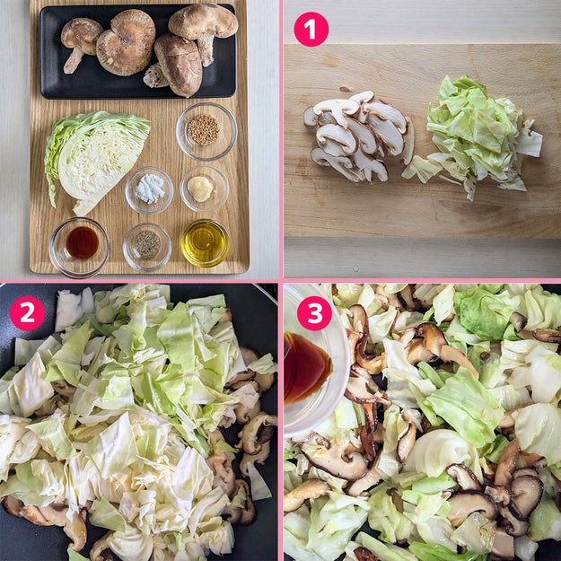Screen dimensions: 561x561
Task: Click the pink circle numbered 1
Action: [x=311, y=30]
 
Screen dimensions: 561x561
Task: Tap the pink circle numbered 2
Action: [x=27, y=313]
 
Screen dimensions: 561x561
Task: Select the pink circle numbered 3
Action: [x=314, y=313]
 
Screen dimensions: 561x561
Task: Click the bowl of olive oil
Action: [x=205, y=243]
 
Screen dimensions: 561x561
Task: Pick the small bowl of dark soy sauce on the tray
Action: [x=79, y=247]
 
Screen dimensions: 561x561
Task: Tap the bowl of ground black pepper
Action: [x=147, y=247]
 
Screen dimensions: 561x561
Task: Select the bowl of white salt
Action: [x=149, y=190]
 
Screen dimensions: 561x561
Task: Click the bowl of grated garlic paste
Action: [x=205, y=188]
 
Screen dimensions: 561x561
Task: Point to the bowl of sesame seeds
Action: [x=206, y=131]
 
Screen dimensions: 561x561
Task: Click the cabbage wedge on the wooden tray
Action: [x=95, y=161]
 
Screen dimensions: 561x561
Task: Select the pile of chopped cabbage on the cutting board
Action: [x=476, y=137]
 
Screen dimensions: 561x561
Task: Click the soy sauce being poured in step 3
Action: [x=306, y=369]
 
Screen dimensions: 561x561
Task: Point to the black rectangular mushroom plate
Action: [x=138, y=52]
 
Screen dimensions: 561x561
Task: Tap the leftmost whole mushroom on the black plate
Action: [x=81, y=44]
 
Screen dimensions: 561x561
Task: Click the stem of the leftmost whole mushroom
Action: [x=74, y=62]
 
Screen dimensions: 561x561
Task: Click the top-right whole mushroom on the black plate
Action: [x=204, y=31]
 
